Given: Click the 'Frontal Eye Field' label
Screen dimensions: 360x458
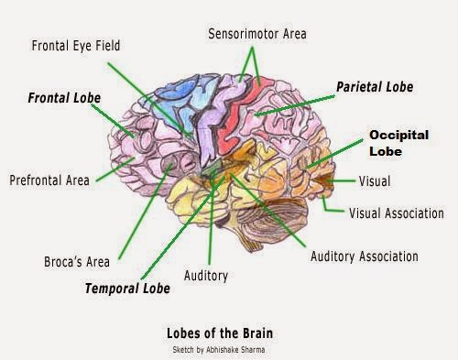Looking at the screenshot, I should (76, 45).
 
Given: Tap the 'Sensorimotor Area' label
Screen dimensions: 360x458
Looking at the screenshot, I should (256, 34).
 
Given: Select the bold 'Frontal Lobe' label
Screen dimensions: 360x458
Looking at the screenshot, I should (63, 97).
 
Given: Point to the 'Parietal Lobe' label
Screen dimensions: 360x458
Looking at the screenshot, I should (375, 87).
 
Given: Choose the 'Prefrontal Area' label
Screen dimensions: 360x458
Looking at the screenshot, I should (49, 180).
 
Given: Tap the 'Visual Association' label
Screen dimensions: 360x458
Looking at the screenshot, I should (397, 213).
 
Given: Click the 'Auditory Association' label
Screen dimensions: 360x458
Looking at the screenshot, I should (365, 256).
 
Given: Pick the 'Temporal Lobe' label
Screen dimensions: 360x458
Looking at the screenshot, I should (127, 289).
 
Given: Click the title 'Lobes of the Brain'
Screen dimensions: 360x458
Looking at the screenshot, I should (220, 333).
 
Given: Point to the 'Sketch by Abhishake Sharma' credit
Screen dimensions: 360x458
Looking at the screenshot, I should (220, 349).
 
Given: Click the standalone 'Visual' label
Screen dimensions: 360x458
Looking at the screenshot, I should (374, 181).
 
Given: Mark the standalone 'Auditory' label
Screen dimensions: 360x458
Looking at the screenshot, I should (206, 275).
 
